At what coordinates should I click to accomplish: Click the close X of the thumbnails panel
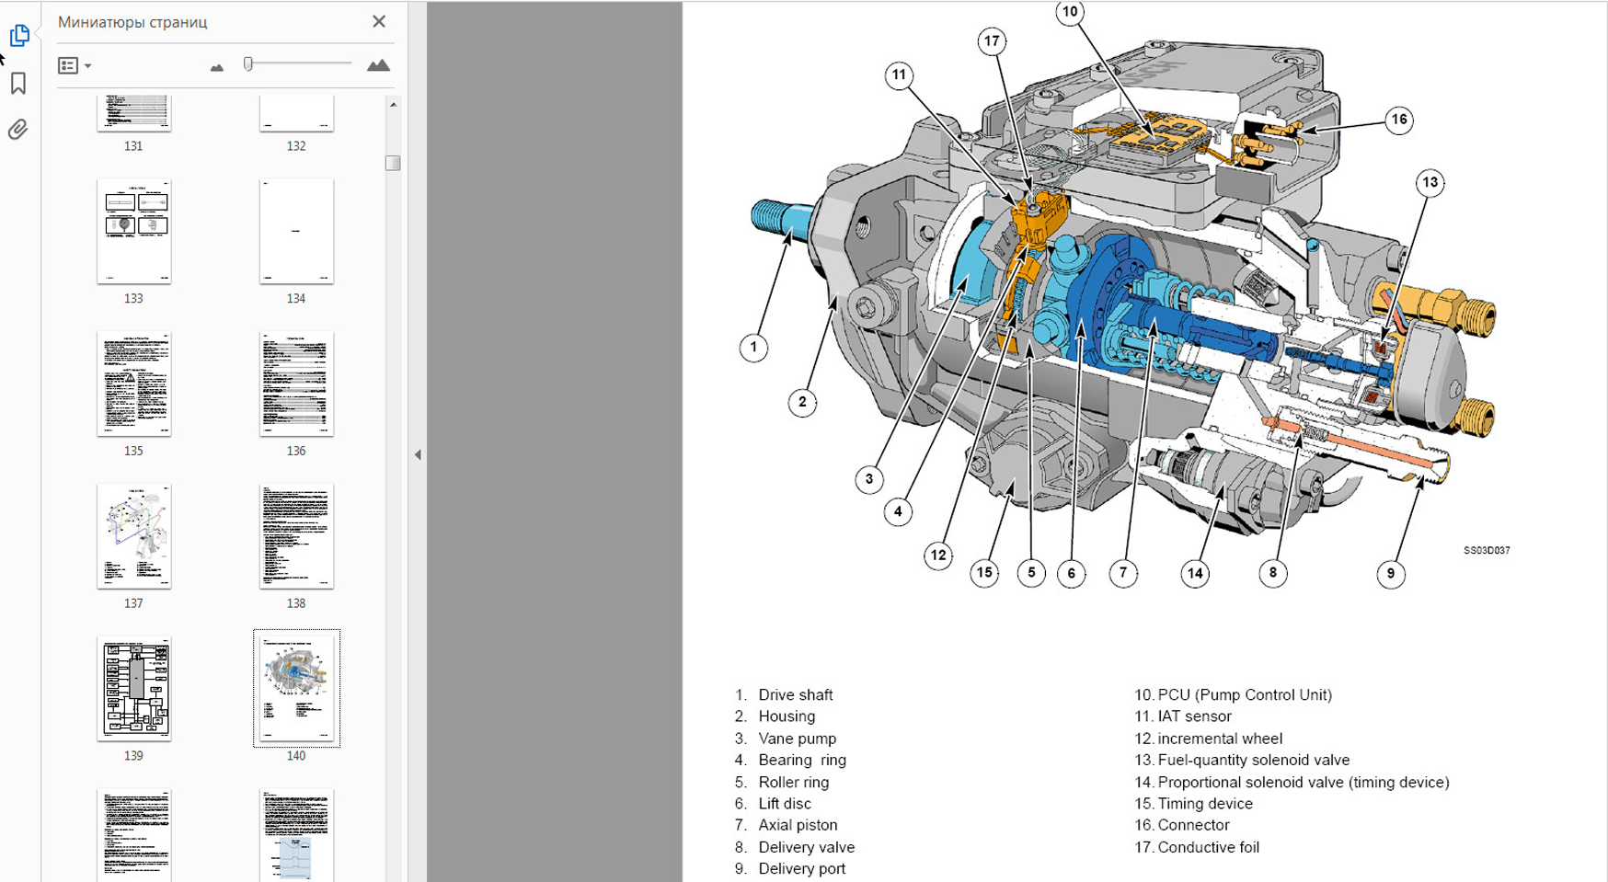click(379, 21)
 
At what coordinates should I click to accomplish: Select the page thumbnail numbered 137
click(134, 535)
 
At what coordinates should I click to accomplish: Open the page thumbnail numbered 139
click(134, 688)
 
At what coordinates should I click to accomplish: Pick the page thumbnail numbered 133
click(134, 231)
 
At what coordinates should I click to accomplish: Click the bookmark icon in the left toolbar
click(18, 84)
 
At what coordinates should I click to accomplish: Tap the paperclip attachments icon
click(18, 130)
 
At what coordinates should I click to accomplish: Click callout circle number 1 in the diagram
click(753, 348)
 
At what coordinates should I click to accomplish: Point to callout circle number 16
click(1398, 120)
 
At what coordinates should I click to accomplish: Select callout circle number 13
click(1430, 182)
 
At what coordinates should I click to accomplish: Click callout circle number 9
click(1390, 573)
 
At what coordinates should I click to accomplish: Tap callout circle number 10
click(1069, 12)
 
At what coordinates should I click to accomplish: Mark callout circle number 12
click(937, 555)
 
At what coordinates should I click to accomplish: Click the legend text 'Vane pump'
click(797, 739)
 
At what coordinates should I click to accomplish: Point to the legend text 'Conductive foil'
click(1208, 847)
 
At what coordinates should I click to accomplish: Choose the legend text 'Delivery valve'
click(806, 847)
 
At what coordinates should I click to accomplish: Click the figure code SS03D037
click(1487, 550)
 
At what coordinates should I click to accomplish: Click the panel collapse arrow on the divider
click(418, 454)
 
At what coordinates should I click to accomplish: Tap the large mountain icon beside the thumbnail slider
click(378, 65)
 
